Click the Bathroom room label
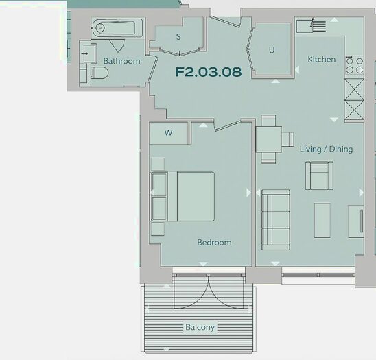[x=121, y=61]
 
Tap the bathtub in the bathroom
[x=117, y=29]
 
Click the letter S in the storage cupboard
[x=178, y=37]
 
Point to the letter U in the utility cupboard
[x=272, y=50]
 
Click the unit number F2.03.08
[x=209, y=71]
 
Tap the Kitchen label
[x=321, y=60]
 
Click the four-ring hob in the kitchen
[x=354, y=65]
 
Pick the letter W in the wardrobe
[x=168, y=132]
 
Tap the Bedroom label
[x=214, y=242]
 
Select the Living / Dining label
[x=326, y=149]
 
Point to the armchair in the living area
[x=319, y=175]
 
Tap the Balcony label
[x=200, y=327]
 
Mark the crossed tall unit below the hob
[x=354, y=100]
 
